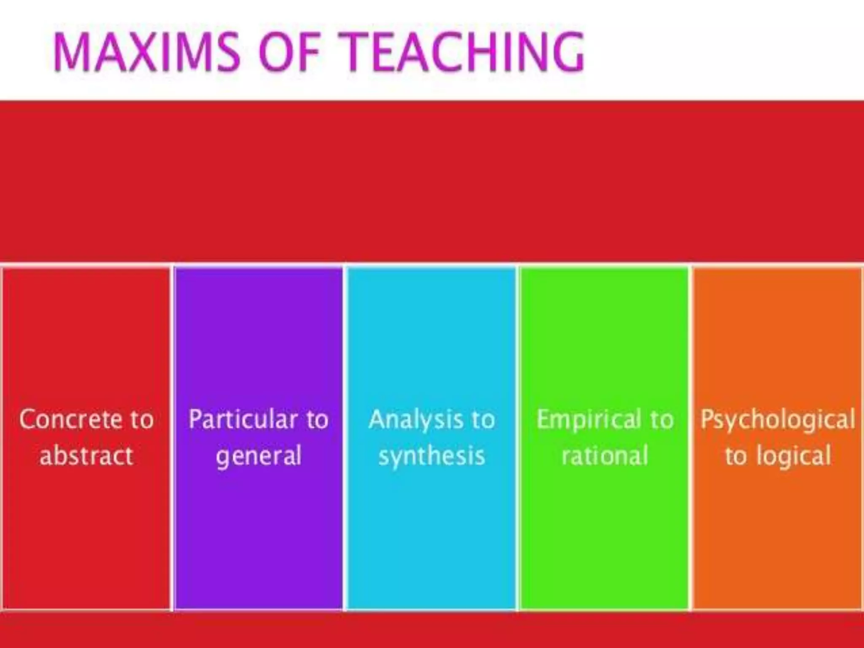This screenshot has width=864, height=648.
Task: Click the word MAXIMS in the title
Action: point(146,52)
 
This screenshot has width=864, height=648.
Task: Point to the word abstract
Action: point(86,456)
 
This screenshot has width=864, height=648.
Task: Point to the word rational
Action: point(605,456)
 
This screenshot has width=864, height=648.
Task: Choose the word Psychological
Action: point(778,420)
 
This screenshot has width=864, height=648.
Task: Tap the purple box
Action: point(259,337)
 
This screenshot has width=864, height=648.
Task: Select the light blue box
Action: point(431,337)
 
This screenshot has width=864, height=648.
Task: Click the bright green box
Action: point(604,337)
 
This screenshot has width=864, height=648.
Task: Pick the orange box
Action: point(777,337)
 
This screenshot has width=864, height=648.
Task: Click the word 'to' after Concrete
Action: point(141,419)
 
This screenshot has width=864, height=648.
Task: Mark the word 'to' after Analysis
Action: point(483,419)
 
